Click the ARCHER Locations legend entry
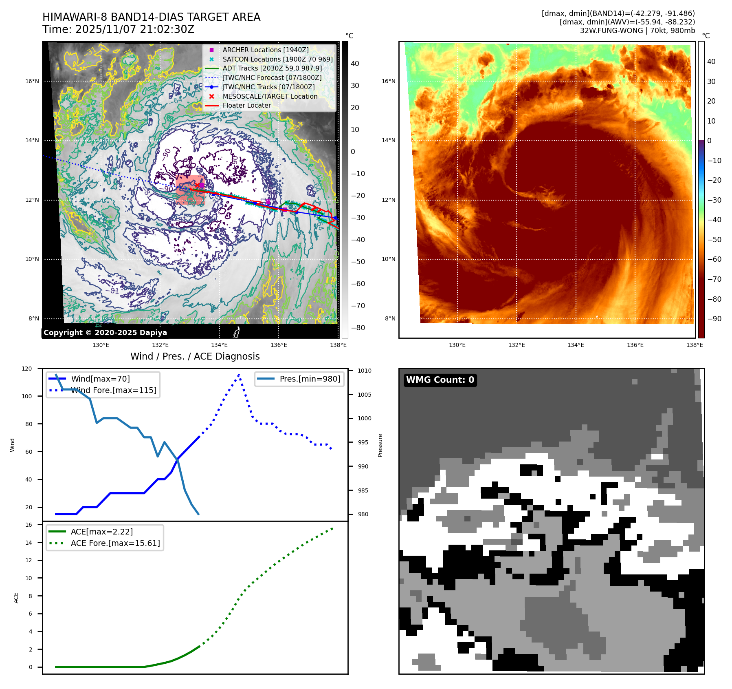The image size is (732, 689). point(265,50)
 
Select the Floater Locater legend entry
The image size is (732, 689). point(246,105)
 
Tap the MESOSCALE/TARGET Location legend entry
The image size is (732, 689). point(270,96)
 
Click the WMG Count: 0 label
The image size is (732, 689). point(440,380)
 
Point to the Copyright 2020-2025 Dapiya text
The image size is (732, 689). point(105,333)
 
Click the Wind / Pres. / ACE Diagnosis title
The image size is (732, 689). point(195,356)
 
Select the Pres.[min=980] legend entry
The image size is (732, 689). point(310,379)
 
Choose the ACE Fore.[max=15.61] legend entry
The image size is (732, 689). point(115,543)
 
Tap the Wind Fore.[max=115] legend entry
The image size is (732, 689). point(114,390)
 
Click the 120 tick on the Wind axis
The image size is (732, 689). point(27,369)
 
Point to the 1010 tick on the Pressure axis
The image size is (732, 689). point(365,371)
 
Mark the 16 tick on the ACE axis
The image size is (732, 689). point(29,525)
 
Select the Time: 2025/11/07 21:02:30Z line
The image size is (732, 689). point(119,29)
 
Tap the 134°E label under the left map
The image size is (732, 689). point(219,345)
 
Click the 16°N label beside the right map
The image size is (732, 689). point(388,81)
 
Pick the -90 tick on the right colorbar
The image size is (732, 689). point(714,319)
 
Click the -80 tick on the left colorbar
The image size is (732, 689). point(358,328)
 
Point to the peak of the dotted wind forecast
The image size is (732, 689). point(239,375)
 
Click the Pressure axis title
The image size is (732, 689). point(380,445)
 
